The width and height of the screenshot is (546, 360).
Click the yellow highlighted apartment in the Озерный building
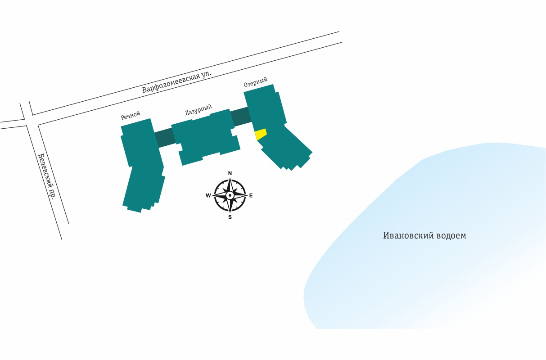260,134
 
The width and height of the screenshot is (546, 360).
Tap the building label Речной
131,115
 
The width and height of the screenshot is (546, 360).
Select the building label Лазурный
199,109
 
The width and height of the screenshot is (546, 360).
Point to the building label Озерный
256,82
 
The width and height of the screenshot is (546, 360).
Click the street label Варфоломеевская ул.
177,81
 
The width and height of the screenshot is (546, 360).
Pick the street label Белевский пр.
47,175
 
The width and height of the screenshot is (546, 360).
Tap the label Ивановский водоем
424,235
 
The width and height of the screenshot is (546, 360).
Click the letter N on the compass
230,173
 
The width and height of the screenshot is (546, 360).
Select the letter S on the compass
230,217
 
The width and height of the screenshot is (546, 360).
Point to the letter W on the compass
208,195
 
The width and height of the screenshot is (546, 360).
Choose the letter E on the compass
251,195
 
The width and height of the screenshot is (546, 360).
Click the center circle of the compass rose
230,195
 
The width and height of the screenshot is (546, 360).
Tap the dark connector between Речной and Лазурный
165,137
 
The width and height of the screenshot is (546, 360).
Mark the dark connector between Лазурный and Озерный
241,117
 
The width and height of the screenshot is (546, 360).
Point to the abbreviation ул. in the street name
206,74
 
